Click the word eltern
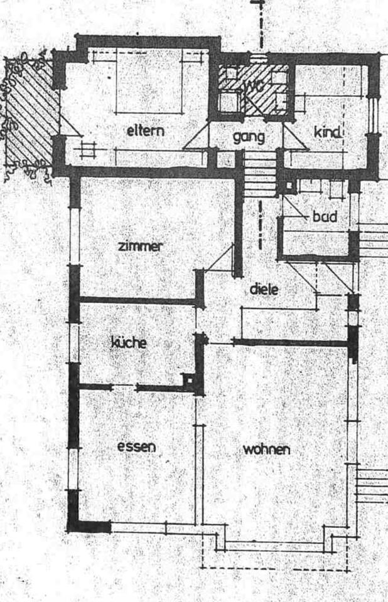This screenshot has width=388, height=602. [x=145, y=132]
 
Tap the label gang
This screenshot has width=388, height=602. [x=249, y=137]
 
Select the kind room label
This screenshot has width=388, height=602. [x=327, y=132]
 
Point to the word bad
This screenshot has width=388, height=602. [x=325, y=217]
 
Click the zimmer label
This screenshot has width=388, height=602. [x=140, y=246]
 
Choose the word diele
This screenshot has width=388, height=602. [x=264, y=290]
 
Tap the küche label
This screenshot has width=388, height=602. [x=129, y=342]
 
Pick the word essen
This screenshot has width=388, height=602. [x=136, y=446]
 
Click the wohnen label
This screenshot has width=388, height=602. [x=266, y=449]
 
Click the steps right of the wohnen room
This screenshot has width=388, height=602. [x=371, y=486]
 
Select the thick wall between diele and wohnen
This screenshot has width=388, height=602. [x=289, y=342]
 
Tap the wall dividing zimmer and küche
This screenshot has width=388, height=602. [x=138, y=301]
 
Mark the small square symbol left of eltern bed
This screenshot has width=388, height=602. [x=87, y=150]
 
